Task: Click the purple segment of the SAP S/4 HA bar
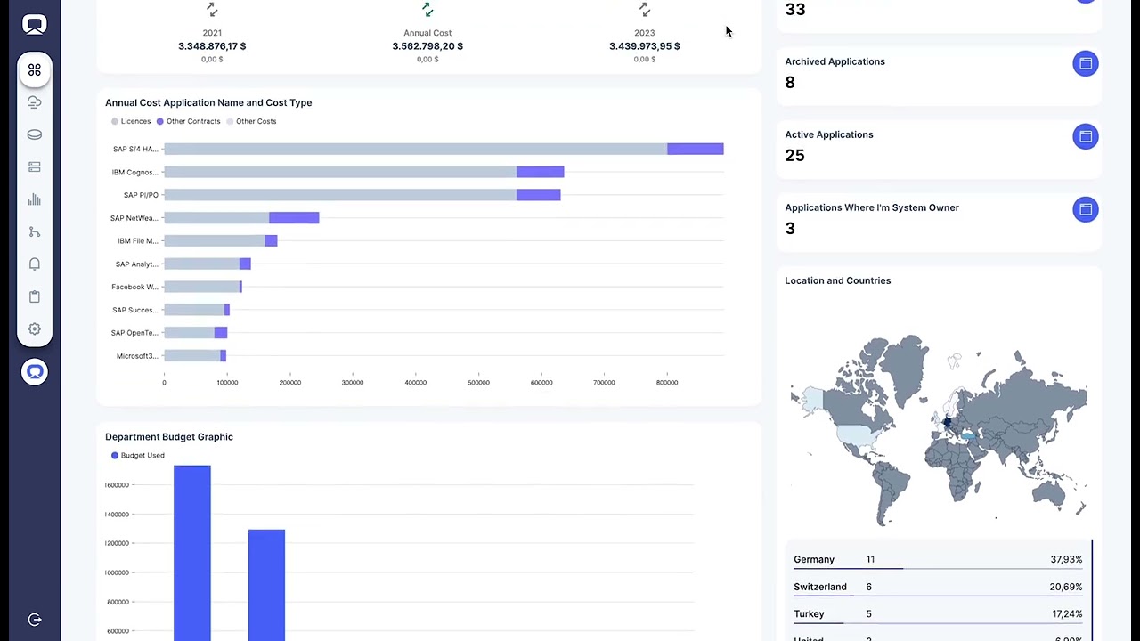[695, 149]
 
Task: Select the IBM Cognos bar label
[134, 172]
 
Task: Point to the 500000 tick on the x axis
[478, 383]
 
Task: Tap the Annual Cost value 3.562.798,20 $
[427, 46]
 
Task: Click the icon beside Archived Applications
[1085, 63]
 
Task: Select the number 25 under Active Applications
[794, 156]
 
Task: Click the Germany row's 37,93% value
[1065, 560]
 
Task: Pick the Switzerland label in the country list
[819, 587]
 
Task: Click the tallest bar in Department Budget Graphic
[192, 552]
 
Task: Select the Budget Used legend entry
[142, 455]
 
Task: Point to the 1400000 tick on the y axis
[117, 515]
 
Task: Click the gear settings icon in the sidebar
[35, 329]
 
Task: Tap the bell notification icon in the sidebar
[35, 264]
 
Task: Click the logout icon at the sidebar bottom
[35, 620]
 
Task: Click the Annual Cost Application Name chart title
[208, 102]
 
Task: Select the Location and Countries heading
[837, 280]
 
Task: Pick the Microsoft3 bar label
[137, 356]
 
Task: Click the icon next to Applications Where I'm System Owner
[1085, 209]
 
